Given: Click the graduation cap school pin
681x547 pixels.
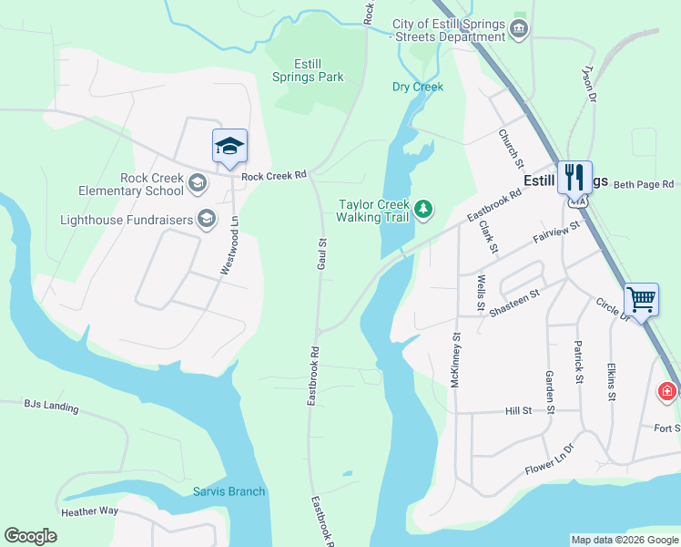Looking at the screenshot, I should click(229, 147).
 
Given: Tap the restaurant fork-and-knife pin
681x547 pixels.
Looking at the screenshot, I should click(574, 177).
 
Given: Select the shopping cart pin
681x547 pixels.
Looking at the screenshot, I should click(642, 298).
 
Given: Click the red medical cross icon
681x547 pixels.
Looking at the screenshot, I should click(667, 392).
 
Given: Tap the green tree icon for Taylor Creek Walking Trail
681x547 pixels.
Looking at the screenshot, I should click(423, 210).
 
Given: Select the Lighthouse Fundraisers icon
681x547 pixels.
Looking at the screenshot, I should click(207, 219).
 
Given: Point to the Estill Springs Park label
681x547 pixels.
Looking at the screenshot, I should click(308, 70).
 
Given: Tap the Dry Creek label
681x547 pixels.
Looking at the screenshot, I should click(417, 88).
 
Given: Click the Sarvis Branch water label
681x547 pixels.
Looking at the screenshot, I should click(229, 491).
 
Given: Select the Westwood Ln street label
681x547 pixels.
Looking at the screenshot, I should click(229, 245).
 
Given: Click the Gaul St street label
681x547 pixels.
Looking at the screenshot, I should click(321, 253).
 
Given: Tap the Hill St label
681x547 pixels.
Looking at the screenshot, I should click(518, 411).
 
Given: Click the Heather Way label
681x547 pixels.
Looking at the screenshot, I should click(89, 511).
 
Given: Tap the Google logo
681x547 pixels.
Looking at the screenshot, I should click(30, 536).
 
